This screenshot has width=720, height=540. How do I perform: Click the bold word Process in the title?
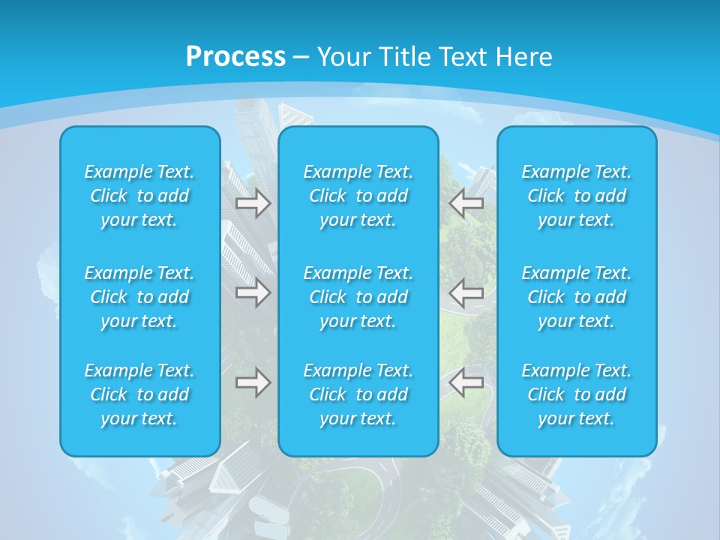[235, 57]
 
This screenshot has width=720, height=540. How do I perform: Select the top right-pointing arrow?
[253, 203]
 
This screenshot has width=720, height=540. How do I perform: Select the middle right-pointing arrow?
[253, 292]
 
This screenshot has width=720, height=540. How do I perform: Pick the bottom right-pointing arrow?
[253, 382]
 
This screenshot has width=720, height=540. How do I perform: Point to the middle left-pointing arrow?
[466, 292]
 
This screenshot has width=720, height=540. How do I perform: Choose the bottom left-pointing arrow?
[466, 382]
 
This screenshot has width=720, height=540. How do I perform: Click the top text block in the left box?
[139, 196]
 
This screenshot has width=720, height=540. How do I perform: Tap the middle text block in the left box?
[139, 297]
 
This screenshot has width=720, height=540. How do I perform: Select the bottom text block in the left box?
[139, 394]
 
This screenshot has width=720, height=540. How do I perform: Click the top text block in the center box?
[358, 196]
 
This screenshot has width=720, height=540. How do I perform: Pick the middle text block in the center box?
[358, 297]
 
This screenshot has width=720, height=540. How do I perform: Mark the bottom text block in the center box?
[358, 394]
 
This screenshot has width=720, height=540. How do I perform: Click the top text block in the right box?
[577, 196]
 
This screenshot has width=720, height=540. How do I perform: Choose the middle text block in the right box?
[577, 297]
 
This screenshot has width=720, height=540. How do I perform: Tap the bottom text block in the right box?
[577, 394]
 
